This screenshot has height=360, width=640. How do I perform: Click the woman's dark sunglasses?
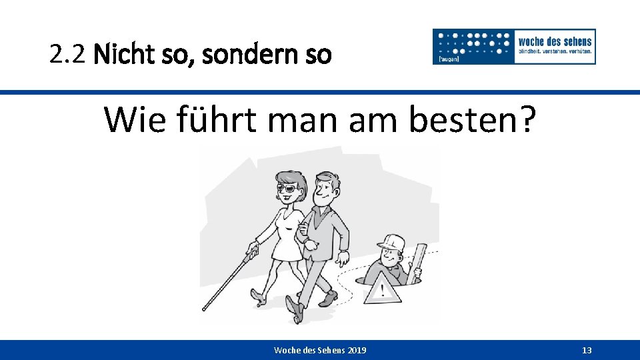coord(288,188)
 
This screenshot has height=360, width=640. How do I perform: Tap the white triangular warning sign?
coord(382,286)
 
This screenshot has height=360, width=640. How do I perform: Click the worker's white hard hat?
coord(392,243)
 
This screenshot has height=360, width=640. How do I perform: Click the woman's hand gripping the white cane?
coord(252,251)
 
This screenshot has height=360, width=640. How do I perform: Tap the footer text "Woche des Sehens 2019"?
coord(320,351)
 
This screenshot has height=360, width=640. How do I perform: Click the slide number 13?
coord(587,351)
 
